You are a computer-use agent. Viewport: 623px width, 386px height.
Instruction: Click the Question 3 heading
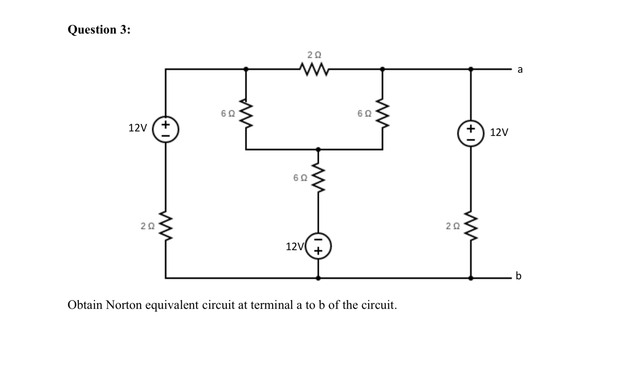click(99, 30)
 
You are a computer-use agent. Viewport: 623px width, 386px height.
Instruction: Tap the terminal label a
click(520, 69)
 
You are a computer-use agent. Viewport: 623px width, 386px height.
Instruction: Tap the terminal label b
click(518, 275)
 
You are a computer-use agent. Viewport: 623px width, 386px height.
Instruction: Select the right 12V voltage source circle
click(470, 133)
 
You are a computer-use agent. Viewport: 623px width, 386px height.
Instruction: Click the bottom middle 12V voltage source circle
click(318, 246)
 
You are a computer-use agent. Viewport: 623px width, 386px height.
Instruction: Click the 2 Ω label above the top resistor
click(314, 55)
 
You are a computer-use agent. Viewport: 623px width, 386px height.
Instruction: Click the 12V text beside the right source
click(499, 132)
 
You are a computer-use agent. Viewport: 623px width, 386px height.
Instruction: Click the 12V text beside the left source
click(137, 128)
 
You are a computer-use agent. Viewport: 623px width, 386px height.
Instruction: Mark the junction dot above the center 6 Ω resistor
click(318, 150)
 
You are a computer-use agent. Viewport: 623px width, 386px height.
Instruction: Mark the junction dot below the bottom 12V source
click(318, 278)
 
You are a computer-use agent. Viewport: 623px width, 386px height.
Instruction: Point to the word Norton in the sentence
click(124, 305)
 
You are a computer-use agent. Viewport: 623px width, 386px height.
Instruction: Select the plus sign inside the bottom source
click(318, 251)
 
